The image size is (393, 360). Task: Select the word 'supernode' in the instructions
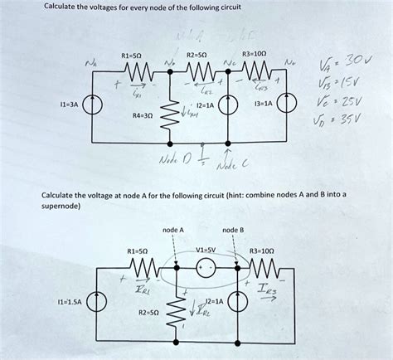coord(62,205)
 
